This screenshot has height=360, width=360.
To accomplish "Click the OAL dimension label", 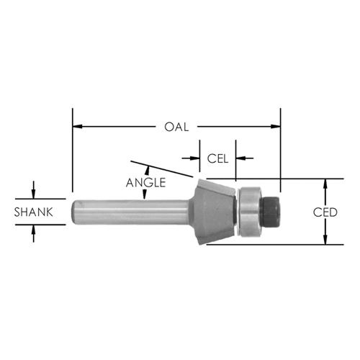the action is [x=176, y=127].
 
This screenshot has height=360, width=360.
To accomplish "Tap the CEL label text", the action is [x=217, y=158].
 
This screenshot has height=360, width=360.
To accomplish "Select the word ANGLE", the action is [x=146, y=183].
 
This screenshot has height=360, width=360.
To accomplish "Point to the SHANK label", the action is [x=33, y=212].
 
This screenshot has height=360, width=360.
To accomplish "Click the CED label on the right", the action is [x=325, y=212].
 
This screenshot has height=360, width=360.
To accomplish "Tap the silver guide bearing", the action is [x=250, y=210].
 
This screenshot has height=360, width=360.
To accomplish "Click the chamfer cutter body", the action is [x=214, y=212].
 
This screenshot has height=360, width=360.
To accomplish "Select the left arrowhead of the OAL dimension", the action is [x=77, y=126].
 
